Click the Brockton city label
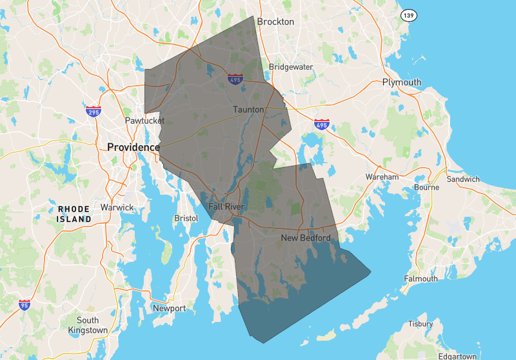(x=275, y=21)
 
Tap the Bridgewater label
(x=291, y=67)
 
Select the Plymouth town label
(x=401, y=82)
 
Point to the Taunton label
(x=248, y=110)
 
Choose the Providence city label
(x=133, y=147)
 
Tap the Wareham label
(x=382, y=176)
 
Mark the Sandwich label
(x=463, y=179)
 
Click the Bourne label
(x=426, y=187)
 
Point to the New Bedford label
(x=306, y=238)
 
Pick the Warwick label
(x=117, y=207)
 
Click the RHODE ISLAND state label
(x=74, y=214)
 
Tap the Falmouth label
(x=421, y=279)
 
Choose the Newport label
(x=169, y=308)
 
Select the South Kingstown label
(x=88, y=325)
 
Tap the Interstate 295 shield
(x=94, y=112)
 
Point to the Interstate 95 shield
(x=24, y=305)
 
